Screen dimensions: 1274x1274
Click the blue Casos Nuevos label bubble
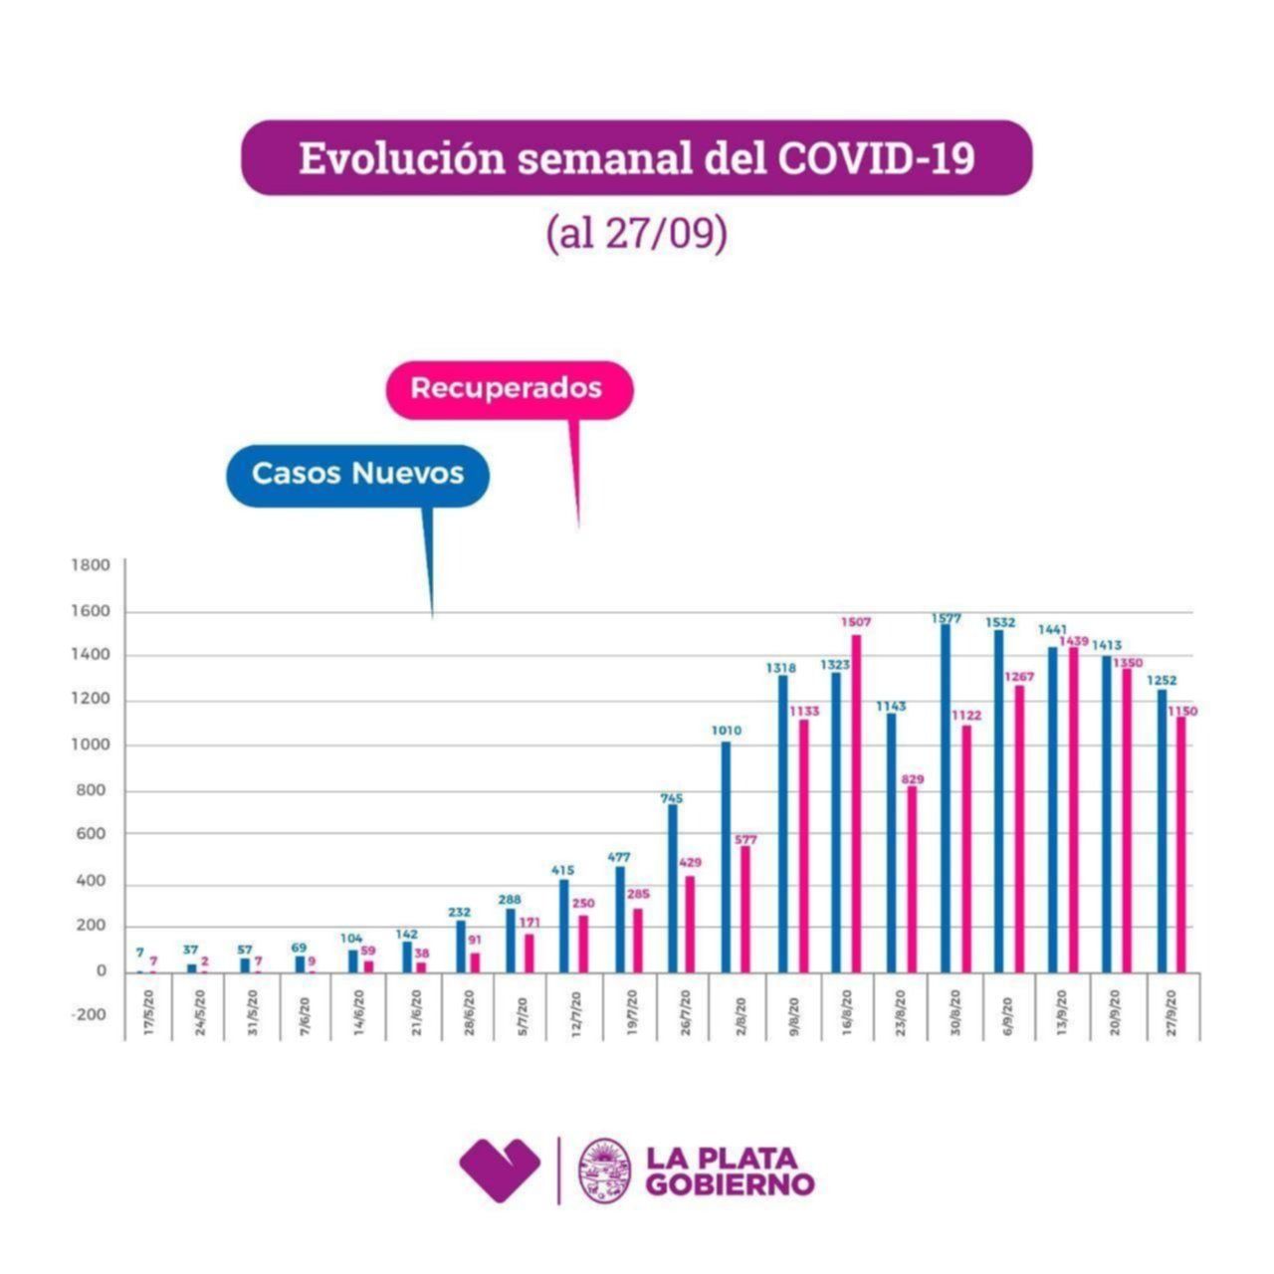pos(357,474)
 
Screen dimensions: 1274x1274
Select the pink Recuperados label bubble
pos(508,388)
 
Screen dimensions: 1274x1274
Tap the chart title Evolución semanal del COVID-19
pos(637,158)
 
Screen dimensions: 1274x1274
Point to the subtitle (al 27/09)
pos(637,233)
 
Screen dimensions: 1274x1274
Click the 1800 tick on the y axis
pos(91,565)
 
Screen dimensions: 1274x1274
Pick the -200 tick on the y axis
pos(89,1014)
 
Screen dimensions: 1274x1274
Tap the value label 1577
pos(946,618)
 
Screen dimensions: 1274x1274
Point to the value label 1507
pos(856,622)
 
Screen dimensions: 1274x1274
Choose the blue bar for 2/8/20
pos(726,856)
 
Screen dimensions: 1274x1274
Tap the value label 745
pos(672,797)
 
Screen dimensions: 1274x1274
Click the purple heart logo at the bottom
pos(500,1169)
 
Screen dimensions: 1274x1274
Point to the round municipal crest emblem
pos(605,1170)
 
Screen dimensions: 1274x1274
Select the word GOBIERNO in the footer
pos(730,1184)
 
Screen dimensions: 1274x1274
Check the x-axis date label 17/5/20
pos(150,1012)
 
